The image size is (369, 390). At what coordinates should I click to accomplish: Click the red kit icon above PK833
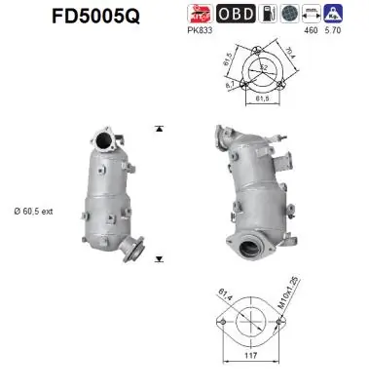(201, 14)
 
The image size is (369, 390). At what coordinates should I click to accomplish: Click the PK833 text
(201, 31)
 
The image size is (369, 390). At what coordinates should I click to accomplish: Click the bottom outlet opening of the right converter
(251, 251)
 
